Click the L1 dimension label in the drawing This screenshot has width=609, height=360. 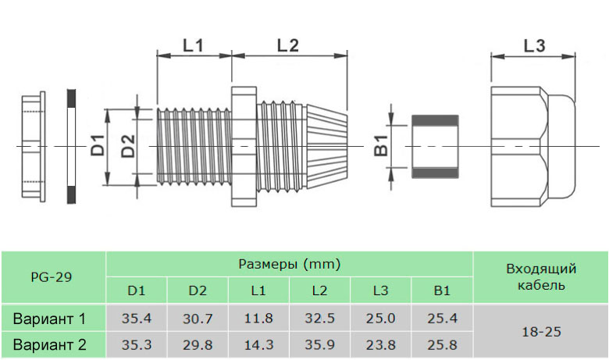pos(193,45)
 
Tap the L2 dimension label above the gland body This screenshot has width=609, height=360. pos(288,45)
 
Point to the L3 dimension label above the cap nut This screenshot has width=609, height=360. pos(534,45)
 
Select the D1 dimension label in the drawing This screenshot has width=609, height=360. pos(98,146)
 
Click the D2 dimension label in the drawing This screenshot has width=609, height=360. pos(129,146)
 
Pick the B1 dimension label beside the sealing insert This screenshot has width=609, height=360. pos(381,146)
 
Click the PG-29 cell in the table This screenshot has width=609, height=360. pos(52,276)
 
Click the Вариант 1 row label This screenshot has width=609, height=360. pos(49,319)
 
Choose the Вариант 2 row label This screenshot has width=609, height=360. pos(49,344)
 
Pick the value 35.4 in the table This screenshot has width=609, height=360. pos(137,319)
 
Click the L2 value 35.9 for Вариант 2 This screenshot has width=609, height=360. pos(319,344)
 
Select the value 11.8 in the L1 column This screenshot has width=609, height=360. pos(258,319)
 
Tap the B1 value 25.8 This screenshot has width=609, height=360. pos(442,344)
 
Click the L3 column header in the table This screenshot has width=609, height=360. pos(380,291)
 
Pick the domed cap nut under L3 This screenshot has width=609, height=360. pos(534,147)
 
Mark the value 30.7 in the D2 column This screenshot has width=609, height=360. pos(198,319)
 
